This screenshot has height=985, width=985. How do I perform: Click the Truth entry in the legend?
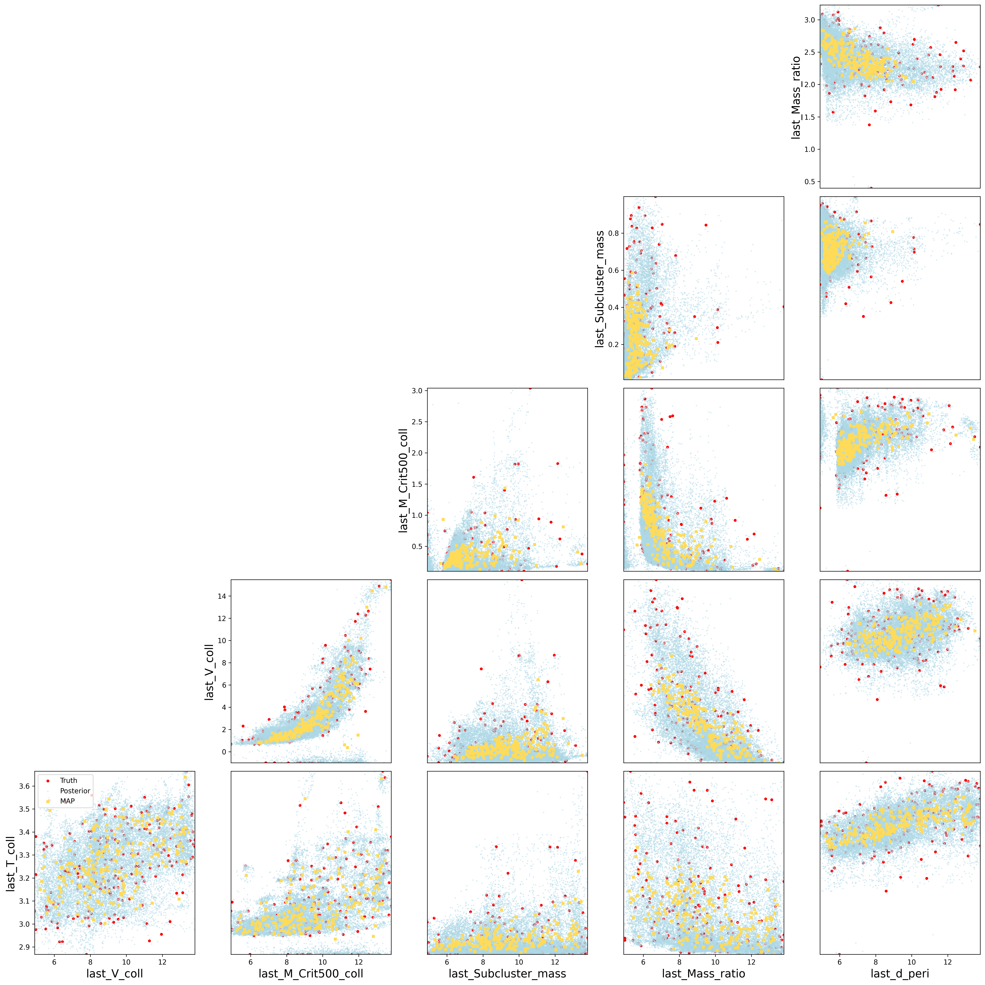(68, 781)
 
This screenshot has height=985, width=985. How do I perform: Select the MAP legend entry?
(67, 801)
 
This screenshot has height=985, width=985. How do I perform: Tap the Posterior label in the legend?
(75, 791)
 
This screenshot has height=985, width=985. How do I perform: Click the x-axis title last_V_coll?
(115, 974)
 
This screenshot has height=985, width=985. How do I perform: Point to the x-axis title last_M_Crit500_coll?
(311, 974)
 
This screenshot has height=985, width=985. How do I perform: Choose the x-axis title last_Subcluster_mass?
(507, 974)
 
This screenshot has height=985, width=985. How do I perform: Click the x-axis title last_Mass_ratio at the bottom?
(704, 974)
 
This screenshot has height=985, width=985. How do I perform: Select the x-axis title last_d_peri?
(900, 974)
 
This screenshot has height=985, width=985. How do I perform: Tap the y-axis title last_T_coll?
(10, 864)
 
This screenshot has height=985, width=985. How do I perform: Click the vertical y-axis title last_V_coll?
(209, 672)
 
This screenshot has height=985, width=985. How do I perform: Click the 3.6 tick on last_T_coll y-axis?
(24, 786)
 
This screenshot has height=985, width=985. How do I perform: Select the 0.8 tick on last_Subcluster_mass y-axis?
(613, 233)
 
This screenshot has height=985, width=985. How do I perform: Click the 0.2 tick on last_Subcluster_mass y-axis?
(613, 345)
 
